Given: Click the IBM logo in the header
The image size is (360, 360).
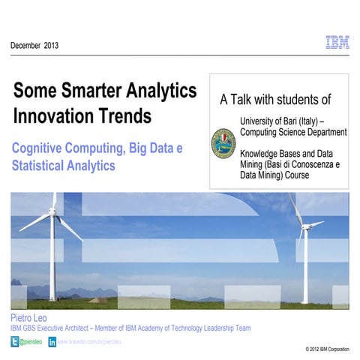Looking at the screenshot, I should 337,43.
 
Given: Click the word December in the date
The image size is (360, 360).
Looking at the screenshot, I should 26,46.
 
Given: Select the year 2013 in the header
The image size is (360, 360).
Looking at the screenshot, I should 51,46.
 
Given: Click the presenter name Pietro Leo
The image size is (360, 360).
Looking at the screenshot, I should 28,318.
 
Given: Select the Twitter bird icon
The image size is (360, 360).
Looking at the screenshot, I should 14,341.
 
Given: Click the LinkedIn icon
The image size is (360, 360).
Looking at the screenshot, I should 52,341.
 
